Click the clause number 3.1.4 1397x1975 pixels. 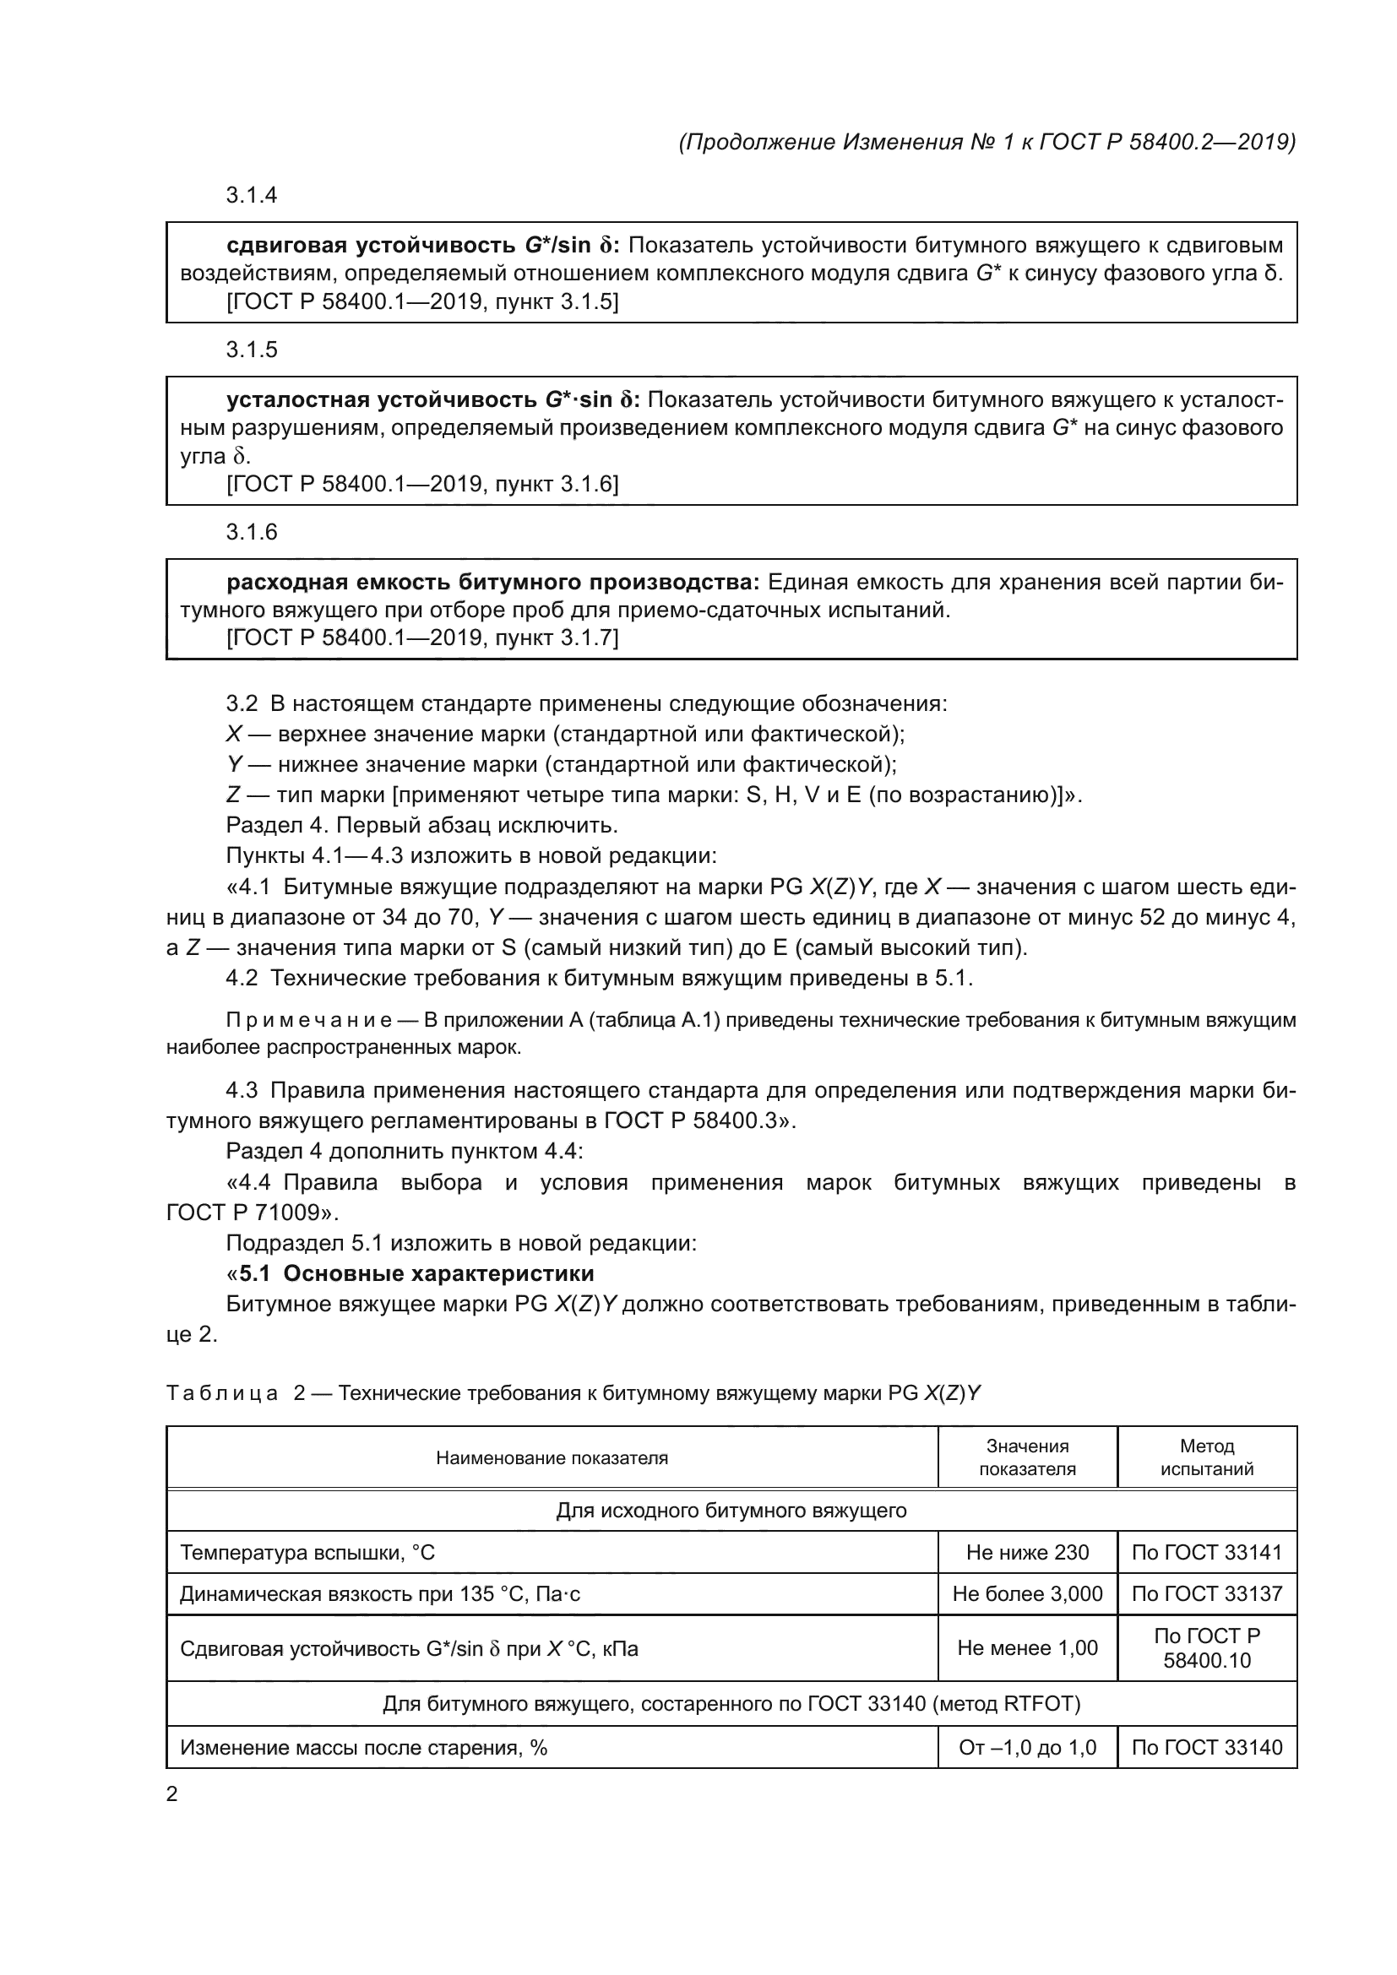[x=251, y=195]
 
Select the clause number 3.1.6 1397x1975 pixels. [x=251, y=532]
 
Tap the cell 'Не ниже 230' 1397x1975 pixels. [x=1027, y=1552]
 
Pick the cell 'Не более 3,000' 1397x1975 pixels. [x=1027, y=1594]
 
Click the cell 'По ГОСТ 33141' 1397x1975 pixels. [x=1206, y=1552]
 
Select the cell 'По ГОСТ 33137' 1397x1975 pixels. [x=1206, y=1594]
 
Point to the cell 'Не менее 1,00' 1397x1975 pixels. [x=1027, y=1648]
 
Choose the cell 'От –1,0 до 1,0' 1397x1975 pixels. [x=1027, y=1747]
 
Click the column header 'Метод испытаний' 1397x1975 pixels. [x=1206, y=1457]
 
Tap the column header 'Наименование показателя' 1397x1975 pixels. [x=552, y=1457]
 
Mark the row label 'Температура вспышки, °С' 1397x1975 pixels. [x=307, y=1552]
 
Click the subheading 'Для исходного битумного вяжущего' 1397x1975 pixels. [x=731, y=1511]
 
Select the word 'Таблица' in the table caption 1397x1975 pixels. [x=222, y=1392]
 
